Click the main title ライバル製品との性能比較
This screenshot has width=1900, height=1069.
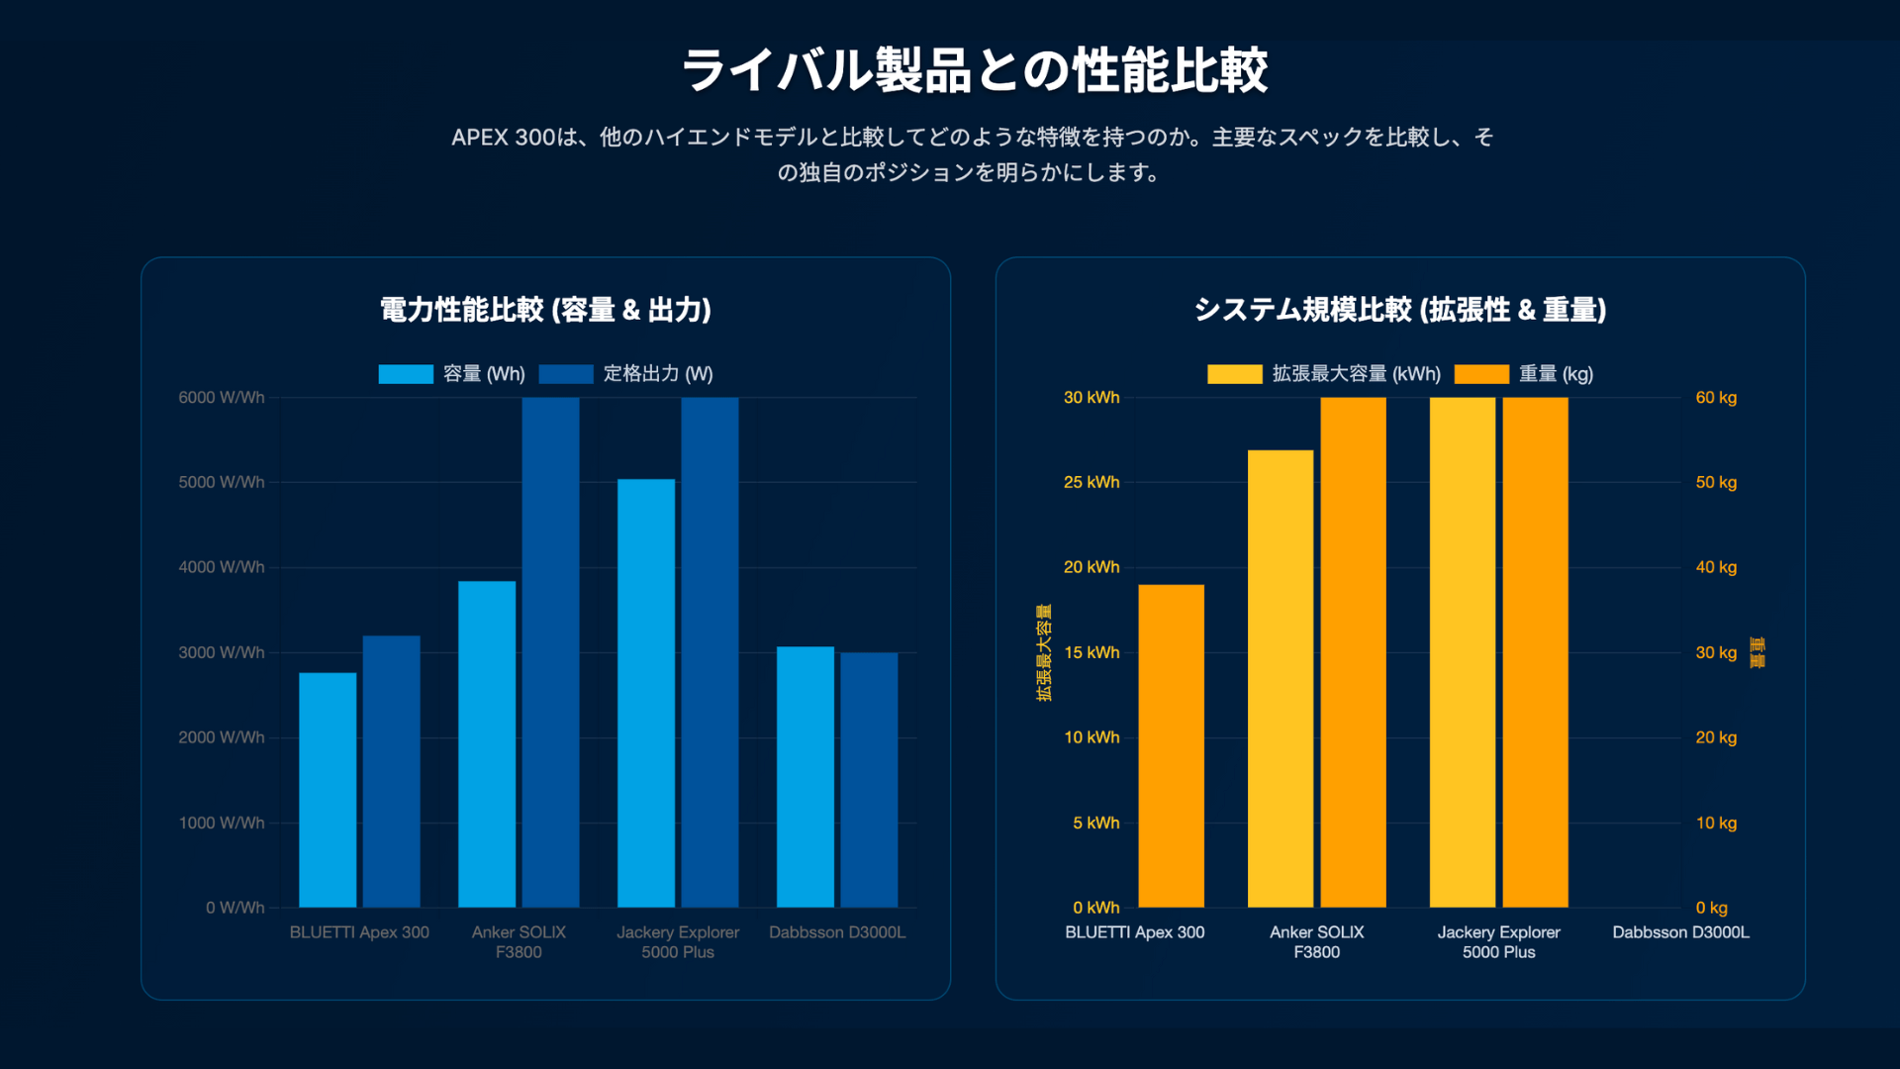tap(974, 71)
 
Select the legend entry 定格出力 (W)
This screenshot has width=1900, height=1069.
tap(625, 374)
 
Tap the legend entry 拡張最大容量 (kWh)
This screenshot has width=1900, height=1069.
tap(1324, 374)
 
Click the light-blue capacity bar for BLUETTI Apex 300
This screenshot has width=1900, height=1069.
tap(328, 790)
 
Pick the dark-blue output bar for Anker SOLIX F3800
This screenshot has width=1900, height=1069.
tap(550, 653)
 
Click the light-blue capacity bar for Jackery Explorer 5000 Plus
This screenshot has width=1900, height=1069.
tap(646, 693)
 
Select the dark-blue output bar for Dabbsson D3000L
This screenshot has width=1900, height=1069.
tap(869, 780)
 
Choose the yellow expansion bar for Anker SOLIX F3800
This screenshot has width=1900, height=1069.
tap(1280, 679)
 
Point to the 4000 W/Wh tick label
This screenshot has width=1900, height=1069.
tap(222, 567)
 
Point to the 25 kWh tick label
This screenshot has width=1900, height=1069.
tap(1092, 482)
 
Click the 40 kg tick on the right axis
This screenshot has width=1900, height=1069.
tap(1716, 567)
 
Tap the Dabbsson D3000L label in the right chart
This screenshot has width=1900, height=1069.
tap(1680, 932)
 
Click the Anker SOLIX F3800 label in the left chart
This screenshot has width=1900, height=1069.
tap(519, 942)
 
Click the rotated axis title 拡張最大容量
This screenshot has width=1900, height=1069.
tap(1044, 652)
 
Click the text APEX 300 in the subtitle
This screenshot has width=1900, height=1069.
tap(503, 138)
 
